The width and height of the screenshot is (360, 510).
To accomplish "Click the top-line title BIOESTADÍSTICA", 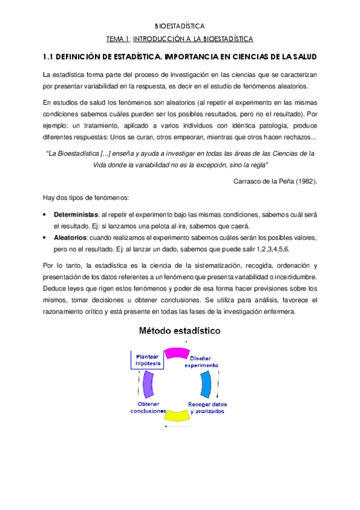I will click(180, 26).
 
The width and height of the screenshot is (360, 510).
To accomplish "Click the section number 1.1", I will click(49, 57).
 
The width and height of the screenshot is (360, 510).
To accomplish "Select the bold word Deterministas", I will click(76, 215).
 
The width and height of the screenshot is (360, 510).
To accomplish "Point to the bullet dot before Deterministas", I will click(46, 215).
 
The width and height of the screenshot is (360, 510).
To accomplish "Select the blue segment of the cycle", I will click(207, 383).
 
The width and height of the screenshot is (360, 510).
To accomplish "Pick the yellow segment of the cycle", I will click(177, 414).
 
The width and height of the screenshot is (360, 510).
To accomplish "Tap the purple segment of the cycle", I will click(147, 383).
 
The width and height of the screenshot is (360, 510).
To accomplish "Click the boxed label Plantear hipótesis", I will click(147, 360).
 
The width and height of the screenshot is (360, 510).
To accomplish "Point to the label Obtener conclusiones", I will click(148, 408).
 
